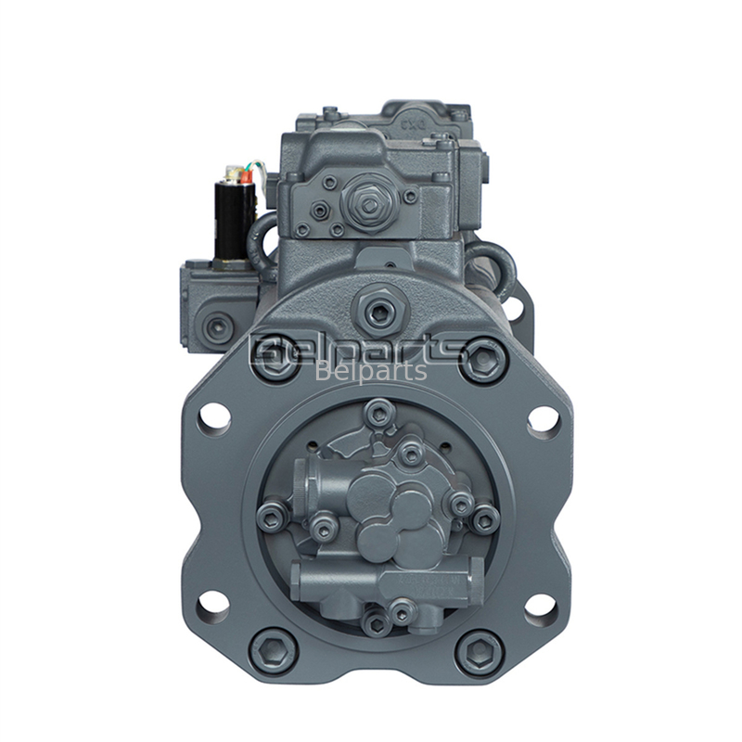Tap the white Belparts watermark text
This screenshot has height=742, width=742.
(x=371, y=372)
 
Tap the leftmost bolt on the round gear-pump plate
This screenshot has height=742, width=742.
(x=270, y=518)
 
